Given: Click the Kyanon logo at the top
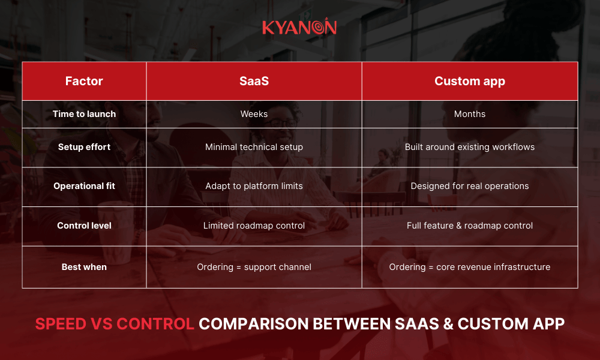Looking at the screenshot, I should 299,28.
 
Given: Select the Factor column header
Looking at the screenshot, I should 84,81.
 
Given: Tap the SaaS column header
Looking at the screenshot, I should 254,81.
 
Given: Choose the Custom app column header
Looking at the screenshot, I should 469,81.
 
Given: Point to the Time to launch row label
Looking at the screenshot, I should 84,114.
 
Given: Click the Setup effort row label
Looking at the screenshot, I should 84,147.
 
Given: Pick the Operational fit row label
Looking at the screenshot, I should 84,186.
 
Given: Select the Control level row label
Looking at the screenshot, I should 84,226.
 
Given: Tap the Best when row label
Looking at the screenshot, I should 84,267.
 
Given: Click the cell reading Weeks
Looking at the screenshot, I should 254,114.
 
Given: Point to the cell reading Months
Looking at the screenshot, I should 469,114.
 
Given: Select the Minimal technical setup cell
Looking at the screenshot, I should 254,147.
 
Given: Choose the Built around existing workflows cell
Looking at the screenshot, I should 469,147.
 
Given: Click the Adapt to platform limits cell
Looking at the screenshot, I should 254,186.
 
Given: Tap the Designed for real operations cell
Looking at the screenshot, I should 469,186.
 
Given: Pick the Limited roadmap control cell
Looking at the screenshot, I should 254,226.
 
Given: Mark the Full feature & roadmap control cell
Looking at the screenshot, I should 469,226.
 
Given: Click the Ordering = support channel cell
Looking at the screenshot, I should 254,267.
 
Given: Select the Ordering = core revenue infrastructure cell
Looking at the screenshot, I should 469,267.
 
